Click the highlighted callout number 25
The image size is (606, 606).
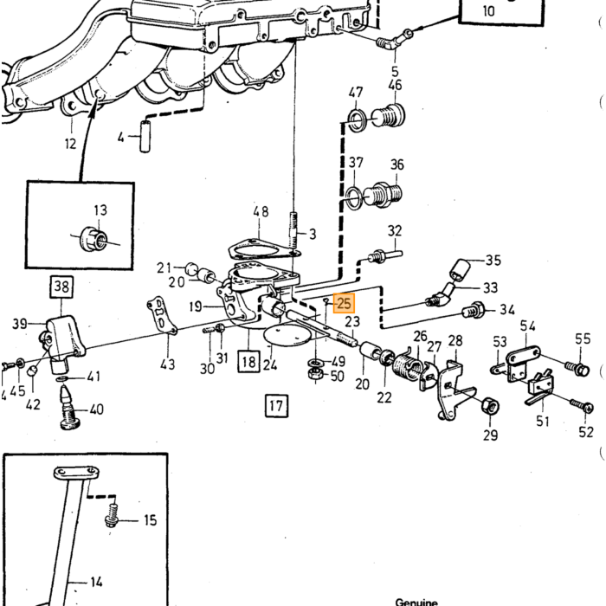pyautogui.click(x=344, y=303)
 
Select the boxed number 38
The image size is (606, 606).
pyautogui.click(x=61, y=287)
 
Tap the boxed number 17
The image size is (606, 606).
pyautogui.click(x=276, y=406)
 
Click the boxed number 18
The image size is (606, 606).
pyautogui.click(x=248, y=361)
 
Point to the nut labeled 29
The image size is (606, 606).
pyautogui.click(x=490, y=406)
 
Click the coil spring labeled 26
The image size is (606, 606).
pyautogui.click(x=408, y=369)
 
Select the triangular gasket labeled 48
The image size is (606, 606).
pyautogui.click(x=264, y=249)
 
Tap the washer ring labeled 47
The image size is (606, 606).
pyautogui.click(x=357, y=120)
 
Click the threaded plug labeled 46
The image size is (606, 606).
pyautogui.click(x=389, y=115)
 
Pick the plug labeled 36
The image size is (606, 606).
pyautogui.click(x=383, y=195)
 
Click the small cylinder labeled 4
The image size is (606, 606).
pyautogui.click(x=145, y=137)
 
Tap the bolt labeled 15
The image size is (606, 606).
pyautogui.click(x=112, y=515)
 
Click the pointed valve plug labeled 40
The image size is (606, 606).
pyautogui.click(x=69, y=408)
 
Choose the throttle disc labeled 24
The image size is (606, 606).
pyautogui.click(x=288, y=336)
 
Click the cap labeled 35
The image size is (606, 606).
pyautogui.click(x=460, y=269)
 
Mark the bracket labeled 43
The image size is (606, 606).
pyautogui.click(x=161, y=316)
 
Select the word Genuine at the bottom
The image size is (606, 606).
pyautogui.click(x=416, y=602)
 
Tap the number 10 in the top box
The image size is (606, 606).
pyautogui.click(x=488, y=10)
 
